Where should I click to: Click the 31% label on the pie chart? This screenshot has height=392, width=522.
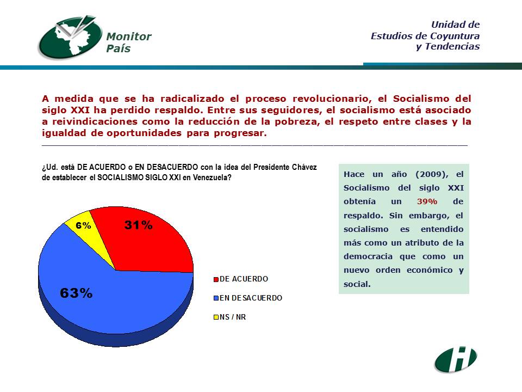139,225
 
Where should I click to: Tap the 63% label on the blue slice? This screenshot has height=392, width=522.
76,293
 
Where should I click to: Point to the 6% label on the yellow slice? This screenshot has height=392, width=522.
83,225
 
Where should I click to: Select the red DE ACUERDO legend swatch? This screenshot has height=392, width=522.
216,279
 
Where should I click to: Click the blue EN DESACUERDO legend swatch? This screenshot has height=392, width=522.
216,298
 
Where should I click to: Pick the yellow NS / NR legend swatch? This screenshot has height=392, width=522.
216,317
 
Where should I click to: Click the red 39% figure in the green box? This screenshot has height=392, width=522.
427,201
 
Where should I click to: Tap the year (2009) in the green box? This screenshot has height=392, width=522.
432,174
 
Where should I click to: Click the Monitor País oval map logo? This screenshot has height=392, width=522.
70,38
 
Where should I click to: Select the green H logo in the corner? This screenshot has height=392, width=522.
456,359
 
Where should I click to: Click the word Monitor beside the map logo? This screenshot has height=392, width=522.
129,36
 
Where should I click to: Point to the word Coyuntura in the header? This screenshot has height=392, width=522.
455,36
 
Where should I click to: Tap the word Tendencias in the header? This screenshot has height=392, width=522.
452,46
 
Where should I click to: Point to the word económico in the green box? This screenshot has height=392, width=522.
430,270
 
